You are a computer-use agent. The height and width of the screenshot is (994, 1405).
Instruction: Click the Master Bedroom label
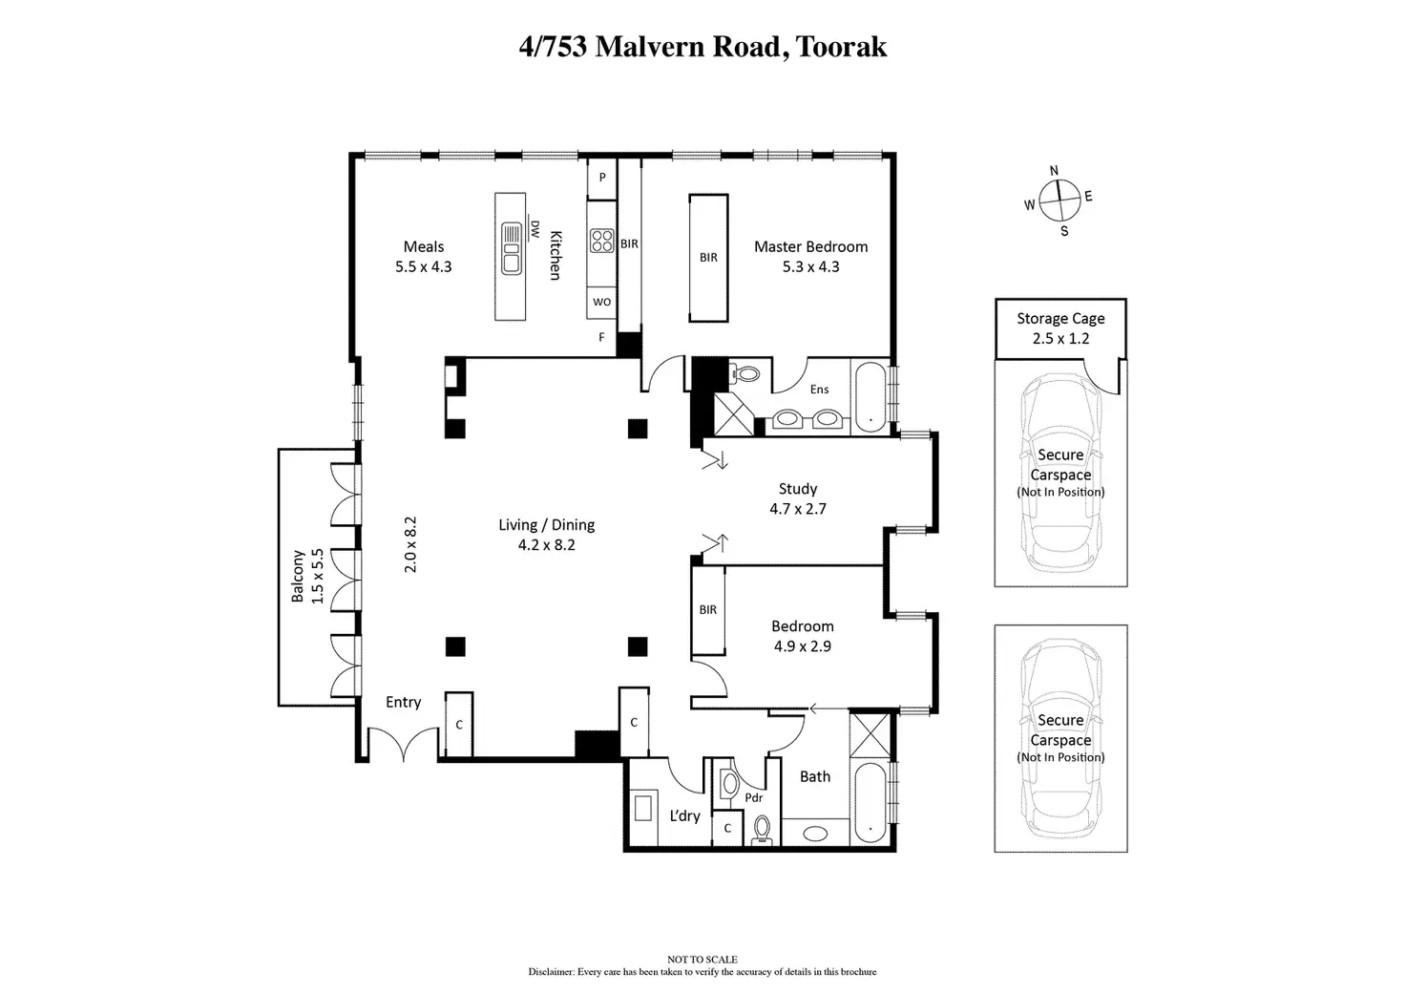point(810,246)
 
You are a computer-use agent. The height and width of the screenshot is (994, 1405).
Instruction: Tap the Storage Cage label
point(1060,318)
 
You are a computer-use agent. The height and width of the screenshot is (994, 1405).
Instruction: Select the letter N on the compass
point(1054,171)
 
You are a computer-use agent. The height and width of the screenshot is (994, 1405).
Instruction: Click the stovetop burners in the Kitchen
point(601,241)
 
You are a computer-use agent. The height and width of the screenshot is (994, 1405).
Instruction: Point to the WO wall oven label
point(601,302)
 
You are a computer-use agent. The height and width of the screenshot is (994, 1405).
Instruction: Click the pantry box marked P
point(602,179)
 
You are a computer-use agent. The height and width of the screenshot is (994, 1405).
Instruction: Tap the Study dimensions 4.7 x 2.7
point(798,509)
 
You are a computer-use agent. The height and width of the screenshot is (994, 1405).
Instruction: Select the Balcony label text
point(298,577)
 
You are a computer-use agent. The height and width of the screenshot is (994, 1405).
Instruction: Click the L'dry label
point(684,815)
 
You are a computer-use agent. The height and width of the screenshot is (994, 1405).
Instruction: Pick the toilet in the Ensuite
point(745,373)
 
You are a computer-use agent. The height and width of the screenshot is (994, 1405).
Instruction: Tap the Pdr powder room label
point(754,797)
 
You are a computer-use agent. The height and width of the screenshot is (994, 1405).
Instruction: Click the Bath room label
point(815,776)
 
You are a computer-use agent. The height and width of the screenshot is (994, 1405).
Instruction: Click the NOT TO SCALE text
point(702,960)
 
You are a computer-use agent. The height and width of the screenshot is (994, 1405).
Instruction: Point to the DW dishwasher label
point(535,229)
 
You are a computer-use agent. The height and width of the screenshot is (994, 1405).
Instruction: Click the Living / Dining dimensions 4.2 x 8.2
point(546,545)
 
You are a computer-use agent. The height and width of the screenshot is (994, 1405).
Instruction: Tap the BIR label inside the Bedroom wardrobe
point(707,610)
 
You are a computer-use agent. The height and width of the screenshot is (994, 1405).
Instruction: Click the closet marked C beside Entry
point(459,725)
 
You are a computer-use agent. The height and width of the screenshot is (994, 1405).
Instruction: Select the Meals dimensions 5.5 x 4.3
point(424,267)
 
